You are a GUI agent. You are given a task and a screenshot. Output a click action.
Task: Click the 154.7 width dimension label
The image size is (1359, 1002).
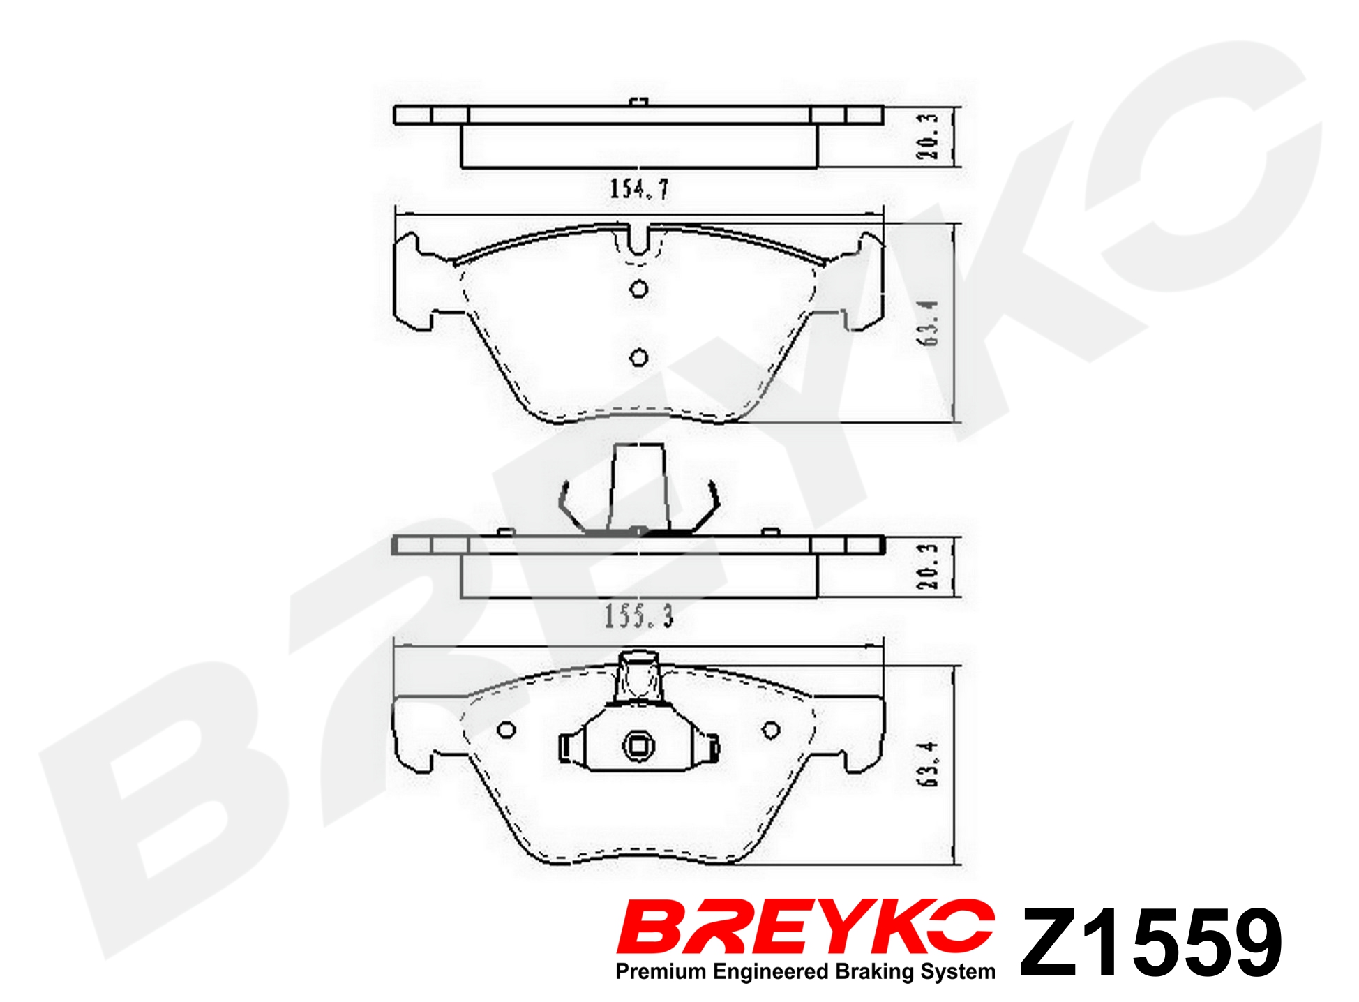(x=639, y=189)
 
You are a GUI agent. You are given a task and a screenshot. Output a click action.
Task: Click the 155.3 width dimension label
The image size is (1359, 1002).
(x=638, y=616)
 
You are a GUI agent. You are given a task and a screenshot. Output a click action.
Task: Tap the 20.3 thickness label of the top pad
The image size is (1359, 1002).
(x=928, y=136)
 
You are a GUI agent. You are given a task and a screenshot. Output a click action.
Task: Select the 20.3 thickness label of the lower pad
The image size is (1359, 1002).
(x=928, y=566)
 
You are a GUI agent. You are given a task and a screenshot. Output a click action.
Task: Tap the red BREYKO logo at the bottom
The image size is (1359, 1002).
(x=806, y=927)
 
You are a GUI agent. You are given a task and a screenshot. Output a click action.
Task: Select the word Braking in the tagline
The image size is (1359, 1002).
(x=875, y=972)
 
